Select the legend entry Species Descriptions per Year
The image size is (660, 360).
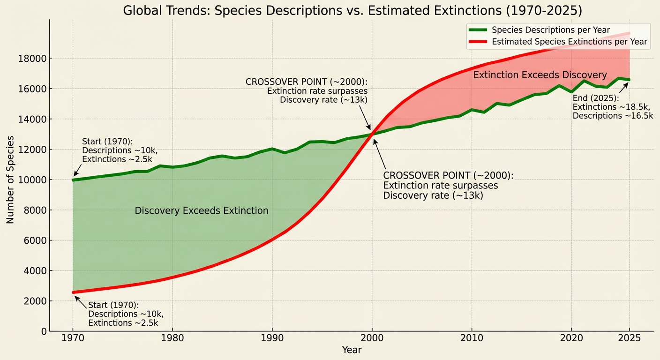[551, 30]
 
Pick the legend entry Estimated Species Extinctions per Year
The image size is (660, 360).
[569, 42]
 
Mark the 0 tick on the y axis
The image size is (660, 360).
[41, 331]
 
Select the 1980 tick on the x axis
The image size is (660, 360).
[172, 339]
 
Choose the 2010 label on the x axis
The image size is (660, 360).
[472, 339]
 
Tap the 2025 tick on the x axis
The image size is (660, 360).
[629, 339]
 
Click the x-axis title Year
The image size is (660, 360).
[352, 350]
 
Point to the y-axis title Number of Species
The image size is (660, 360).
[10, 180]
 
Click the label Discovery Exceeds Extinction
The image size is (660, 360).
[202, 211]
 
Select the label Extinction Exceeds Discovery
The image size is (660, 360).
[540, 75]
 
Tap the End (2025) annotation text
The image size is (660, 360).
[612, 107]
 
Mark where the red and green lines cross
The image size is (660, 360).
[372, 135]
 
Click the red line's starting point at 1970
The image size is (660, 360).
[73, 292]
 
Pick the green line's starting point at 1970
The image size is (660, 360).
[73, 180]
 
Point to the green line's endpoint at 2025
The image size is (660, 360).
[629, 80]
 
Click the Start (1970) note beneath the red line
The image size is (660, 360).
[126, 314]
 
